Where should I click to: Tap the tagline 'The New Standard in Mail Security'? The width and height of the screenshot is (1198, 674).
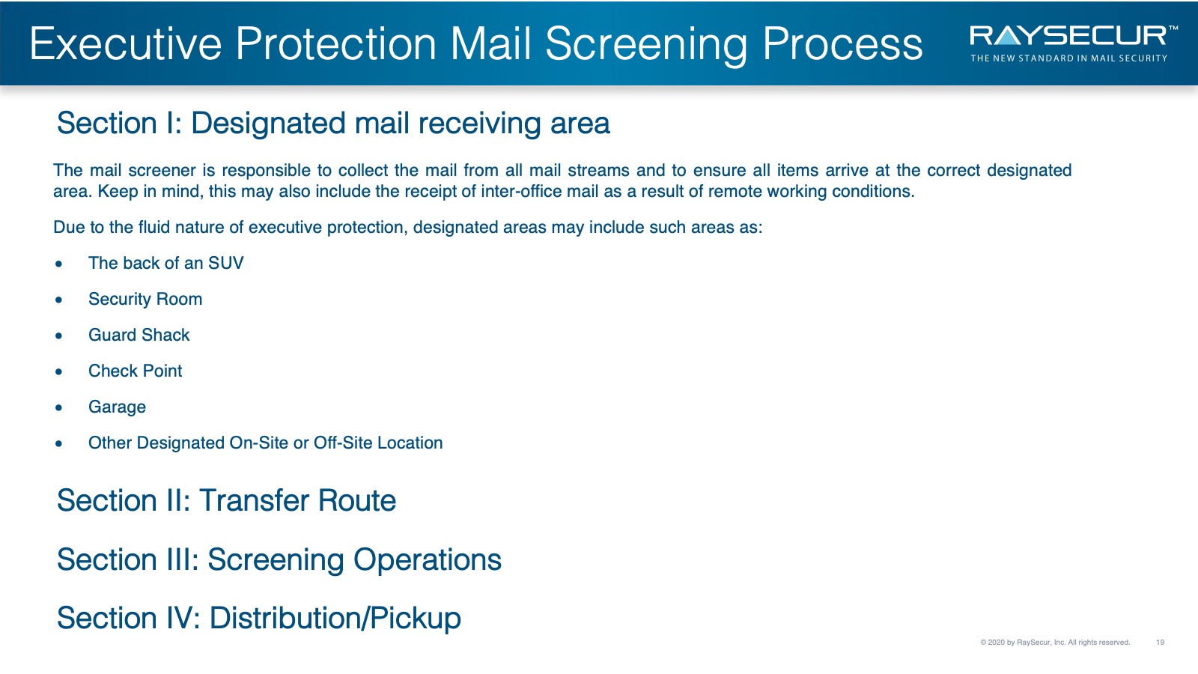point(1068,58)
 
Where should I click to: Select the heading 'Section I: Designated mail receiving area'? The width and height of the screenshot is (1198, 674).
point(333,123)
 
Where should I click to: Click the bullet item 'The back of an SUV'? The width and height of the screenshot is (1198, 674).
point(165,263)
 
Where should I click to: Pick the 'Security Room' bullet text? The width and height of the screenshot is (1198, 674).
point(145,299)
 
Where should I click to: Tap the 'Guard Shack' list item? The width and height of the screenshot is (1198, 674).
point(139,335)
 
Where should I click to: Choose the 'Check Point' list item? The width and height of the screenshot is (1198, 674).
point(135,371)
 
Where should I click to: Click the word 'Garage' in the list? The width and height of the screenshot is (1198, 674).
point(117,407)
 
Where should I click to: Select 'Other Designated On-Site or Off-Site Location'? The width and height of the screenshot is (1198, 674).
point(265,443)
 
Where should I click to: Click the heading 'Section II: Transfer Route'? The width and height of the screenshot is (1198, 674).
point(226,501)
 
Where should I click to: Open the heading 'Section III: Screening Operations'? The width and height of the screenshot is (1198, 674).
point(279,559)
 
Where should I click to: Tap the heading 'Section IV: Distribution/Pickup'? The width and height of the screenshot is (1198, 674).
point(259,619)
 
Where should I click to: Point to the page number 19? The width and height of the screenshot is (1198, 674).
point(1160,642)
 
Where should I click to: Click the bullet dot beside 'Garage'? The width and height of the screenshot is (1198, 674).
point(59,407)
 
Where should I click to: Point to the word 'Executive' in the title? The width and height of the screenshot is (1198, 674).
point(126,44)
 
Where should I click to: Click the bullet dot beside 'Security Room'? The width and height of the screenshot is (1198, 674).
point(59,300)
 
